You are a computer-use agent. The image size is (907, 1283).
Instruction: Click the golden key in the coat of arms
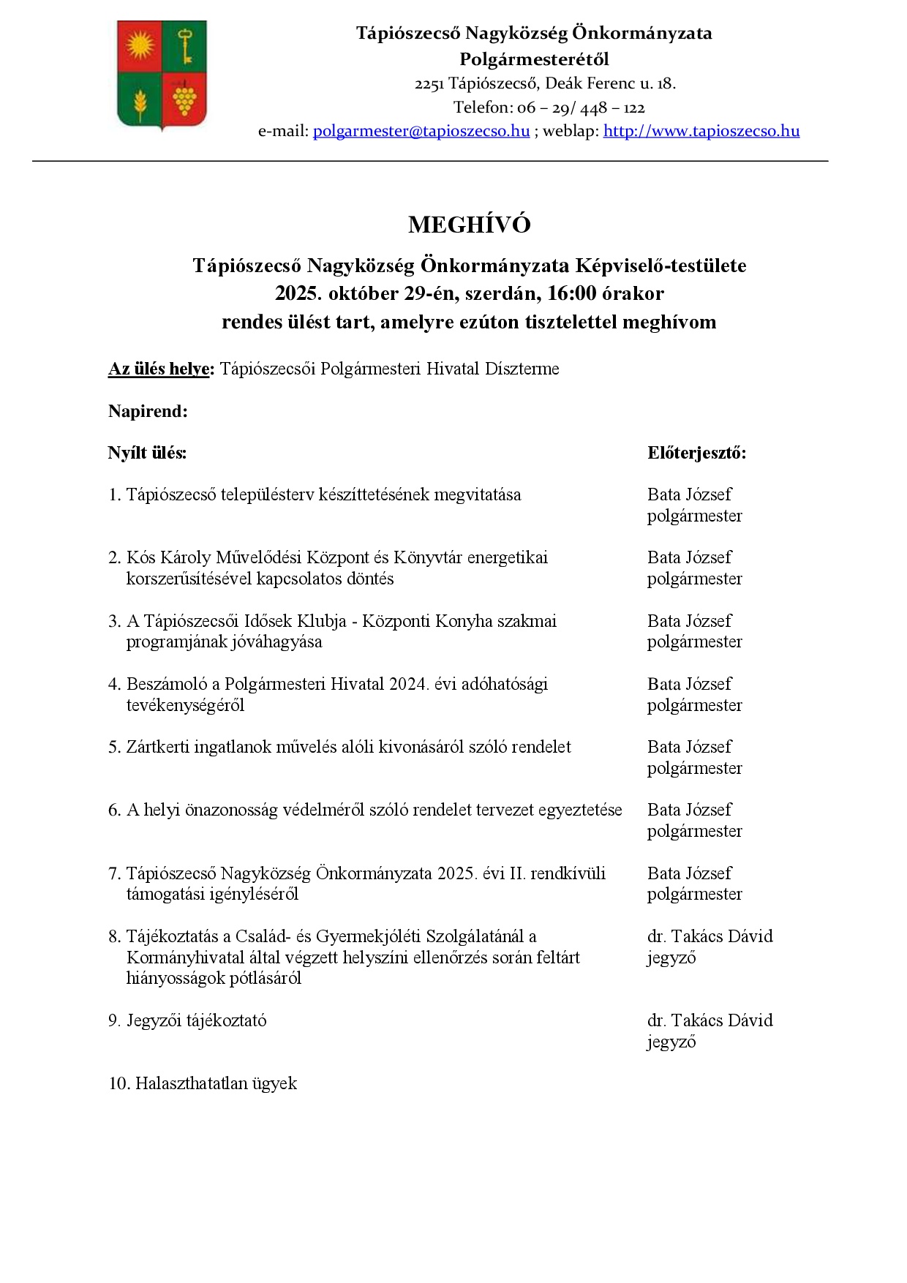point(185,45)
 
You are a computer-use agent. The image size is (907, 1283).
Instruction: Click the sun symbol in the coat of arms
point(140,46)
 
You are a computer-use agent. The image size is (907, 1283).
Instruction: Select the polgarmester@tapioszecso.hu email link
point(421,131)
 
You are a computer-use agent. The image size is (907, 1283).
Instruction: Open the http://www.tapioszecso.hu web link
point(701,131)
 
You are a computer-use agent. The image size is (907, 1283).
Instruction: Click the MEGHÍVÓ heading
point(469,225)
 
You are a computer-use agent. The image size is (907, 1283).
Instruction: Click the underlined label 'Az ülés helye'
point(159,369)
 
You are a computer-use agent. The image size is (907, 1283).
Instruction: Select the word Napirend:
point(148,411)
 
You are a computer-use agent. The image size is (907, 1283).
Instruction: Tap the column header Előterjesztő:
point(696,453)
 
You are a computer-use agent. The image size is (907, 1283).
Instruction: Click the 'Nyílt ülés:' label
point(147,453)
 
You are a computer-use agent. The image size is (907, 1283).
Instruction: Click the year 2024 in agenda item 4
point(408,684)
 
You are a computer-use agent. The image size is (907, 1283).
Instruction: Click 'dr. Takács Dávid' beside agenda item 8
point(710,936)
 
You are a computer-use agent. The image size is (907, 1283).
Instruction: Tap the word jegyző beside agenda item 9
point(671,1042)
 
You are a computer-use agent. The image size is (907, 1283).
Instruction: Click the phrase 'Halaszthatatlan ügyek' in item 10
point(216,1083)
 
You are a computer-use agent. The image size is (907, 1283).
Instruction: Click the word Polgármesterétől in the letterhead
point(534,59)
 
